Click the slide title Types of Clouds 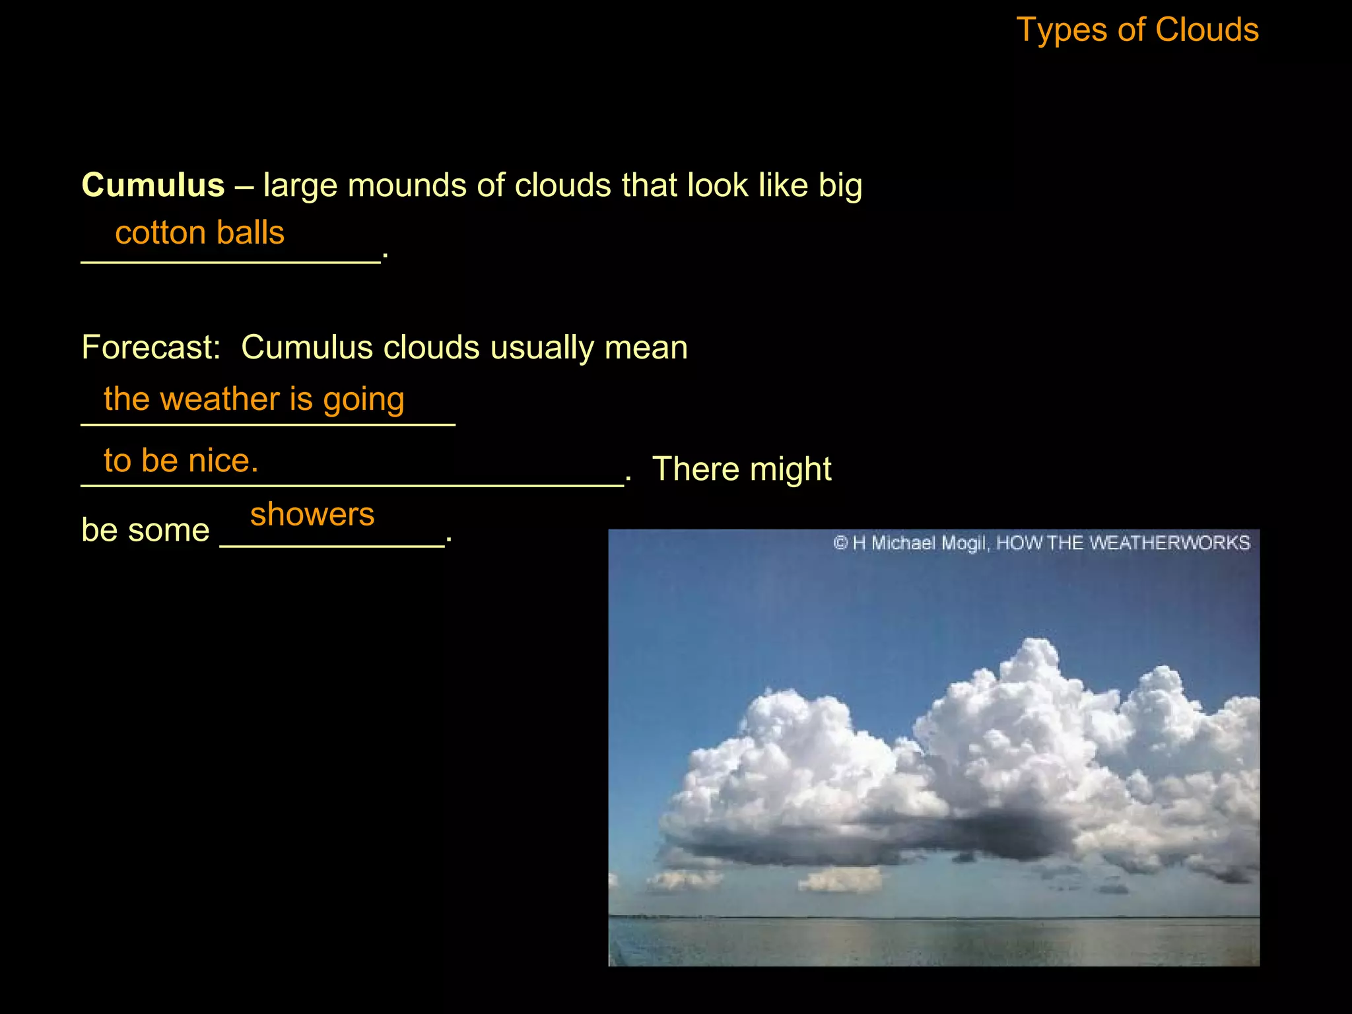(1137, 30)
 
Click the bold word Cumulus (153, 185)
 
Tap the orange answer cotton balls (199, 233)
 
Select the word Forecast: (151, 347)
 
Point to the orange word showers (312, 514)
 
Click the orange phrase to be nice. (181, 460)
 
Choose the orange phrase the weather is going (254, 399)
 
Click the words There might (741, 469)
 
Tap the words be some (145, 530)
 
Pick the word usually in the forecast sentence (542, 348)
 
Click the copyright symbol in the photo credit (840, 543)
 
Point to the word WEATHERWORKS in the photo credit (1169, 543)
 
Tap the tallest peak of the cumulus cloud (1038, 650)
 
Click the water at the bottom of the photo (933, 941)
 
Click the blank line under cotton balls (230, 262)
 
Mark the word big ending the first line (840, 186)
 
